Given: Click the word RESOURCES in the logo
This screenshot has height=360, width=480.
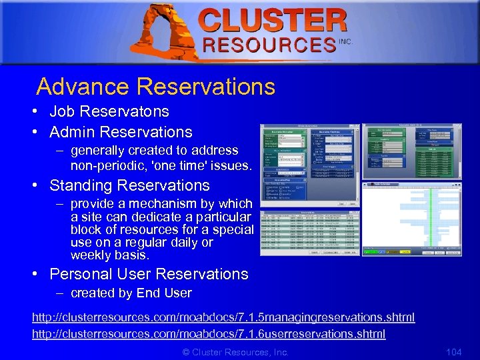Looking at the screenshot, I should coord(269,45).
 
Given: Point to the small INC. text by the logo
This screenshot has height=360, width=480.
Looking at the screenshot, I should coord(345,41).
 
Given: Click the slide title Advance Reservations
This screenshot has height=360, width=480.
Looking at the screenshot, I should coord(155,87).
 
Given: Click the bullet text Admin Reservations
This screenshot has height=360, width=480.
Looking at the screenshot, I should coord(121,132).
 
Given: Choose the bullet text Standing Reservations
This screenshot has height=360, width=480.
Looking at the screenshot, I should coord(129,185).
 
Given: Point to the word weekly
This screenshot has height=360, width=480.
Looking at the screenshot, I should coord(91,255).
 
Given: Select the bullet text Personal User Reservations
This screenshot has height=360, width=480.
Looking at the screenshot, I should coord(149,274).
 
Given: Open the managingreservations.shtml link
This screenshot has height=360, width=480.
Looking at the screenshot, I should coord(223,317).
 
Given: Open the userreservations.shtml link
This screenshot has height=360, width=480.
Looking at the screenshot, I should coord(209,333).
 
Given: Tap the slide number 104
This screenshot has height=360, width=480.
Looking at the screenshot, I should coord(453,351).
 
